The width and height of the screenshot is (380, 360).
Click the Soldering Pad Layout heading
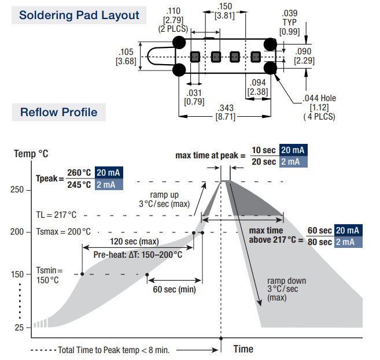pos(79,15)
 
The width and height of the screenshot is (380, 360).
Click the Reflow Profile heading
pos(58,112)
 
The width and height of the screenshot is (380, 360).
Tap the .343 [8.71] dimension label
pos(226,112)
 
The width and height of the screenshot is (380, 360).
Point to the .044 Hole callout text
pos(319,107)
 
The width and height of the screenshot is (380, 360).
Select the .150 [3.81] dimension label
pos(224,11)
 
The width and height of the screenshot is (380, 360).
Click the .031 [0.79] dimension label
pos(194,97)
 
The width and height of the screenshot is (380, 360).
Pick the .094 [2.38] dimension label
pos(257,87)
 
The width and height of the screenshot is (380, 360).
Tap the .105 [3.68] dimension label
pos(126,57)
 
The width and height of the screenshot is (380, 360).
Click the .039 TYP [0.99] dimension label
pos(290,23)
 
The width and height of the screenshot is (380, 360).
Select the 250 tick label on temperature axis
pos(17,190)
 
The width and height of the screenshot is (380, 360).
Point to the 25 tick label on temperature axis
pos(19,328)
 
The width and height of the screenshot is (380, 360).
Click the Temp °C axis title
pos(31,154)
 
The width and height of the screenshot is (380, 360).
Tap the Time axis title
pos(244,349)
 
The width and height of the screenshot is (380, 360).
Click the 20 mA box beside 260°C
pos(109,173)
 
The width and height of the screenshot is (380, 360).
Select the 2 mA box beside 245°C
pos(109,184)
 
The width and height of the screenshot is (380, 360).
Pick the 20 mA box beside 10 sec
pos(293,150)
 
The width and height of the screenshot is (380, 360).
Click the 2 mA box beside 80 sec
pos(348,242)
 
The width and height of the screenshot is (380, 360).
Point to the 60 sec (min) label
pos(174,290)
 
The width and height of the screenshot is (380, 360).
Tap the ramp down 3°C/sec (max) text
pos(286,289)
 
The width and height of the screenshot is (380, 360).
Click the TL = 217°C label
pos(56,215)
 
